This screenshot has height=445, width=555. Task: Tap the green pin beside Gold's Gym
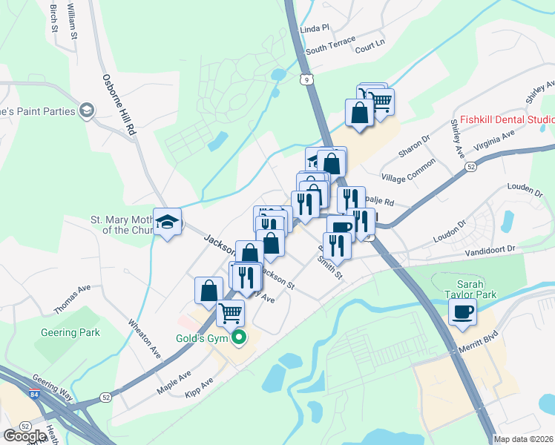click(239, 339)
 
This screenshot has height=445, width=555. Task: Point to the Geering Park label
click(70, 333)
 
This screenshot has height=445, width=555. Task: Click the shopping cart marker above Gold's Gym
click(231, 313)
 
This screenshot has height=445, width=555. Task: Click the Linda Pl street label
click(314, 28)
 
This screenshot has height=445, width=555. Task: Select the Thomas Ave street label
click(72, 299)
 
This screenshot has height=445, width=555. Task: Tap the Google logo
click(24, 436)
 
